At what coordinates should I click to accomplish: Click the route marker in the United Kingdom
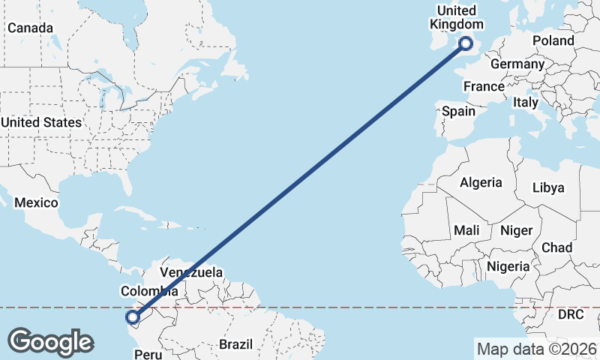coord(466,43)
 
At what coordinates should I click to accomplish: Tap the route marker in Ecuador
coord(133,317)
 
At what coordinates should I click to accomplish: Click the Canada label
coord(30,28)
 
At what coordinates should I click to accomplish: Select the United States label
coord(41,122)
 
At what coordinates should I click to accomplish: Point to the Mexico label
coord(36,203)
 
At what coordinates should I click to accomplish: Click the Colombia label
coord(149,291)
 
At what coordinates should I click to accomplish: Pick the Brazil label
coord(238,344)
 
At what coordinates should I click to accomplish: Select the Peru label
coord(147,352)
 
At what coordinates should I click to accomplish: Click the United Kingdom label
coord(455,17)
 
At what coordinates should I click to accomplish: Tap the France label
coord(484,87)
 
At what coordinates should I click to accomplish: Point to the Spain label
coord(458,111)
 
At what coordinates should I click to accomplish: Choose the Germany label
coord(517,64)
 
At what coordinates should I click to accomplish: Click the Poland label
coord(553,40)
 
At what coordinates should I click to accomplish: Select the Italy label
coord(526,102)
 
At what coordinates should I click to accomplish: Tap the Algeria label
coord(481,182)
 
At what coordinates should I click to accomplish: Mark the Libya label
coord(548,187)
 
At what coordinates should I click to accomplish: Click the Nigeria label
coord(508,266)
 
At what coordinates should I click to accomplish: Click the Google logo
coord(50,342)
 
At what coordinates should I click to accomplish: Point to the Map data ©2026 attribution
coord(535,349)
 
